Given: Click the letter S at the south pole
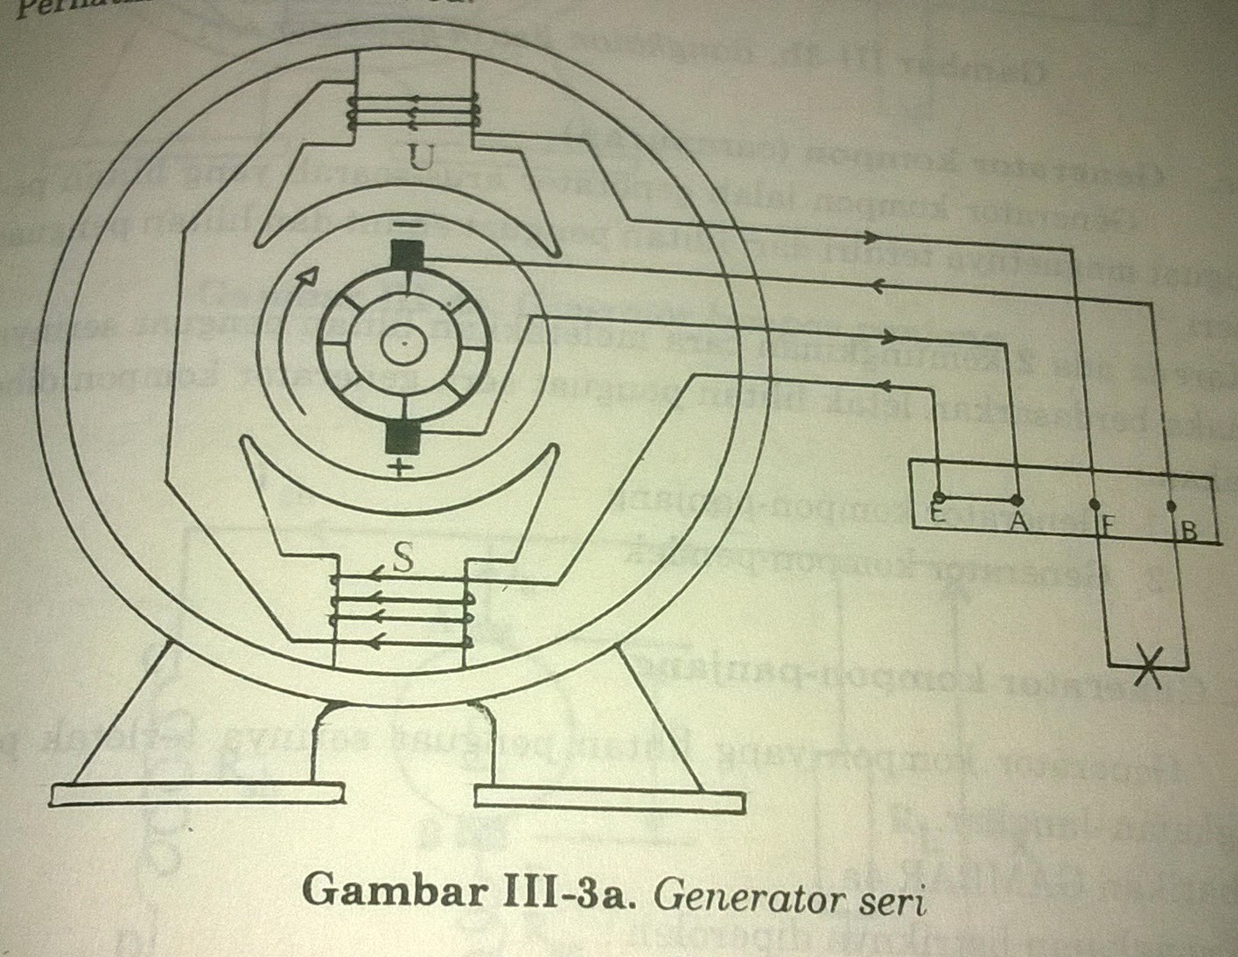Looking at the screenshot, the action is click(x=403, y=558).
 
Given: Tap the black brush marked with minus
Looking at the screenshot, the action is click(x=408, y=258).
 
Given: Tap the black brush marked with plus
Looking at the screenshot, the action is click(x=403, y=437).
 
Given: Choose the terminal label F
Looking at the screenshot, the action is click(x=1107, y=527).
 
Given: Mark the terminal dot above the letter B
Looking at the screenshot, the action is click(x=1172, y=506).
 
